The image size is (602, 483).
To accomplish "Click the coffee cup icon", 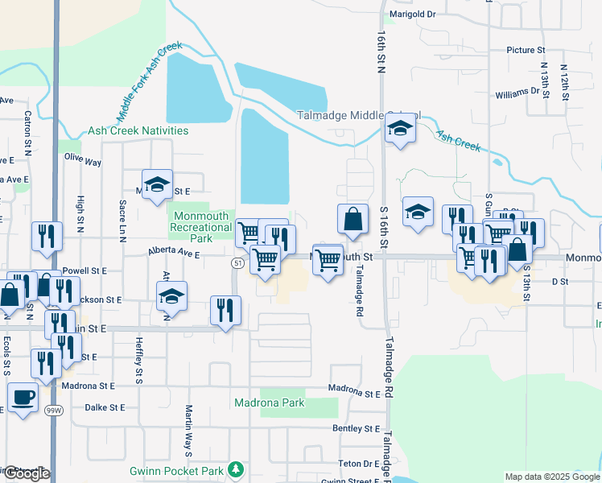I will (23, 397).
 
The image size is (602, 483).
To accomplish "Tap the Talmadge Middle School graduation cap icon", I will (399, 129).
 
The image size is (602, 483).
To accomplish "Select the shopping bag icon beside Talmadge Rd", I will (353, 218).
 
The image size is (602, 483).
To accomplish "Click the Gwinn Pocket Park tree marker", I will (235, 469).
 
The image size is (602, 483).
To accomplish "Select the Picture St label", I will (526, 50).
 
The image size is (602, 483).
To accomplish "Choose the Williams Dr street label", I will (517, 93).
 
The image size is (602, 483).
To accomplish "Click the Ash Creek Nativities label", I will (138, 130).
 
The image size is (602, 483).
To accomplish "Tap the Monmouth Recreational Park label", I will (201, 222).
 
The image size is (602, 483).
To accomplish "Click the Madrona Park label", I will (269, 402).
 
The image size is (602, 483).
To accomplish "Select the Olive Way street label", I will (83, 162).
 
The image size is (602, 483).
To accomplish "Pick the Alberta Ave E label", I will (173, 252).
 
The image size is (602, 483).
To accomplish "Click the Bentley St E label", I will (356, 429).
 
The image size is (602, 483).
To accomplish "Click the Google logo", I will (26, 473).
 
